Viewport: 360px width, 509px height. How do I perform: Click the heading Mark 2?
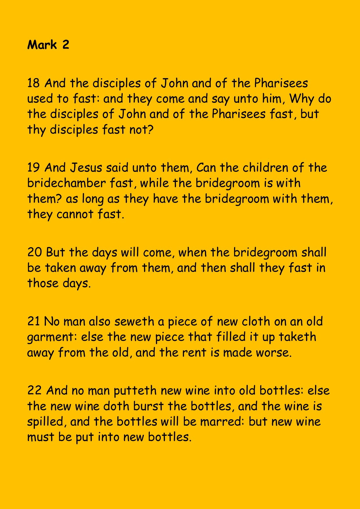(48, 45)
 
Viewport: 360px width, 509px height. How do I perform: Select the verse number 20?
(34, 252)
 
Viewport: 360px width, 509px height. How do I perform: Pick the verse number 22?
(34, 391)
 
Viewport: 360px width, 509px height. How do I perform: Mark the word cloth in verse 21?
(252, 322)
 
